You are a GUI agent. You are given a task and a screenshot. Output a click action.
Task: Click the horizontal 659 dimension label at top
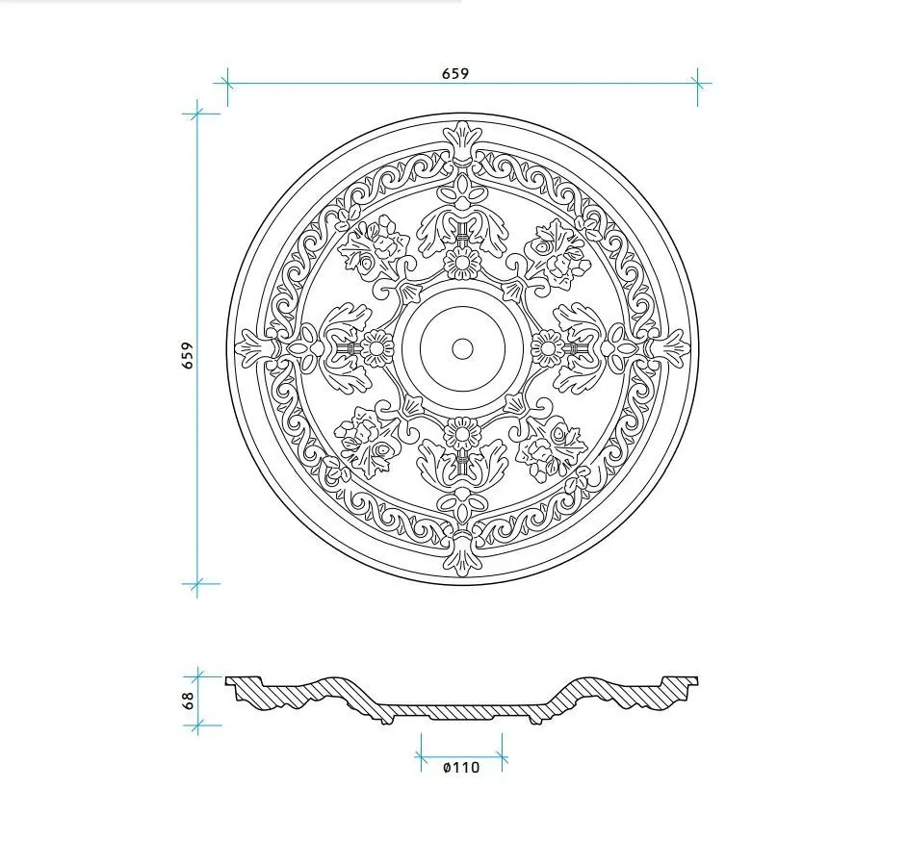(455, 73)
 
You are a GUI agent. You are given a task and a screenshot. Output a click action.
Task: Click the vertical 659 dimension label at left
(188, 355)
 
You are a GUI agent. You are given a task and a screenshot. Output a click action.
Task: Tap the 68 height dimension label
(188, 700)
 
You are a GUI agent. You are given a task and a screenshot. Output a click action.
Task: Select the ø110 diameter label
(461, 767)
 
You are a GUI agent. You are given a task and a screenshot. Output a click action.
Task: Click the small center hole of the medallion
(463, 348)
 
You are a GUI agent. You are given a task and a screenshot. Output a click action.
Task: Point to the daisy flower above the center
(461, 264)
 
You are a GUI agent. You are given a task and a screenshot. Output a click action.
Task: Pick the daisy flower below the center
(461, 433)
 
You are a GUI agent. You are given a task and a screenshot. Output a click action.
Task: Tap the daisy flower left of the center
(377, 348)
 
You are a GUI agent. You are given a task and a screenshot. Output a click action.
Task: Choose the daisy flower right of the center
(547, 348)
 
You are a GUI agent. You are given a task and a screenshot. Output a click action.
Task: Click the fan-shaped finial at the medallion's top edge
(462, 141)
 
